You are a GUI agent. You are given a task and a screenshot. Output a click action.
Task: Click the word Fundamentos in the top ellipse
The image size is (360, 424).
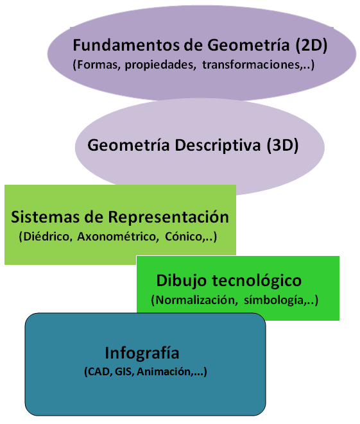[126, 45]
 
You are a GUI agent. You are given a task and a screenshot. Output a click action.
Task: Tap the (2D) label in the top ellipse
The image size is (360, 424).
[311, 45]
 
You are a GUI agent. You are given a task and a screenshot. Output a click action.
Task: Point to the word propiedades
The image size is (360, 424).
[160, 65]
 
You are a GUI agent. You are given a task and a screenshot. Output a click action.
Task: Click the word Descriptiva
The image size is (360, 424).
[218, 146]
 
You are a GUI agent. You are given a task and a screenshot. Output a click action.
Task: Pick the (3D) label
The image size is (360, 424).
[282, 146]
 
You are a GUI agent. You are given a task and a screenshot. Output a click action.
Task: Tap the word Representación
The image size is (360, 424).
[169, 217]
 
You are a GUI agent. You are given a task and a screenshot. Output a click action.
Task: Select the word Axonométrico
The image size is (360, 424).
[117, 237]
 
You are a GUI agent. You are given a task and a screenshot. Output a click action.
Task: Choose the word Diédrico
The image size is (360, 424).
[46, 237]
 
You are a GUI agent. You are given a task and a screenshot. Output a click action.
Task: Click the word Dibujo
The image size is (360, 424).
[182, 281]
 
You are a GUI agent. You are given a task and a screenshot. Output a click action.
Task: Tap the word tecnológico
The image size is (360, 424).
[257, 281]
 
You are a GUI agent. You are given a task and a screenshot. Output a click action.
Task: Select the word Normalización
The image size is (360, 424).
[197, 300]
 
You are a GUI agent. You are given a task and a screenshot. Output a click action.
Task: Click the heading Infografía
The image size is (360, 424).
[142, 353]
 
